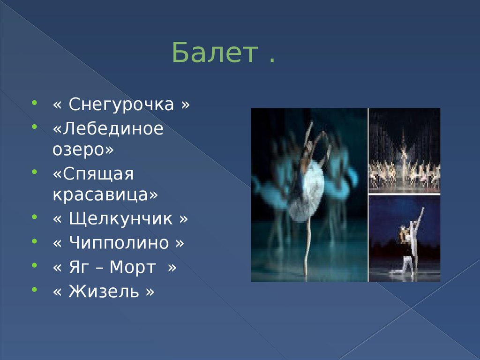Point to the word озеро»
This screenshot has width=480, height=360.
[x=83, y=150]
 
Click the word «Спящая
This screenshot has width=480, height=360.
[x=93, y=174]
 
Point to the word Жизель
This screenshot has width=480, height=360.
[x=104, y=292]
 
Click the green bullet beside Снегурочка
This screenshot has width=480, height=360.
[x=34, y=101]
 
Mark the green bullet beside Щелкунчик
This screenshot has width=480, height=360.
[x=34, y=216]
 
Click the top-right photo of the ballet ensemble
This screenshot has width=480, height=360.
[x=405, y=150]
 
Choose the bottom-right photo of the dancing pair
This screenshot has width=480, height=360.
[x=405, y=239]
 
